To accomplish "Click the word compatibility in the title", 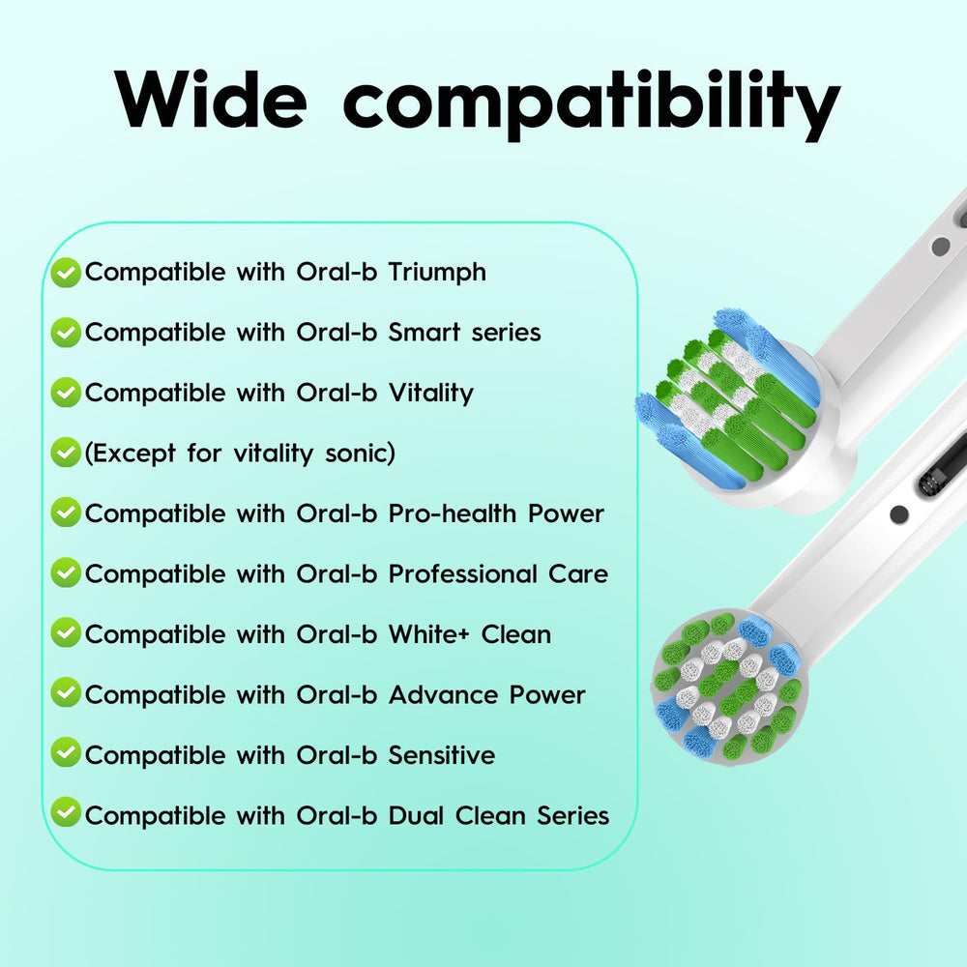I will (591, 103).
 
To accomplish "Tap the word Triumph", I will (437, 273).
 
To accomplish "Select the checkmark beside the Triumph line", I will (66, 274).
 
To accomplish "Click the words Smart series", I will (464, 333).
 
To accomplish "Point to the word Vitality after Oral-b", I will (430, 394).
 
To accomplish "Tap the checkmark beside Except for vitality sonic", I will (66, 453).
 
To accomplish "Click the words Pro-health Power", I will (496, 513).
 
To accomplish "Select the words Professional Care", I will (498, 574).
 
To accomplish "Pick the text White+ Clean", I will (470, 634).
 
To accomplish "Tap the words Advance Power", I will (486, 695).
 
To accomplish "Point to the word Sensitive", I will (441, 755).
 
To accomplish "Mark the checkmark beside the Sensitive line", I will (66, 754).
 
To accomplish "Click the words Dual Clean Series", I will (499, 816).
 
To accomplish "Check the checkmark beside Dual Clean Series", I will (66, 814).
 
